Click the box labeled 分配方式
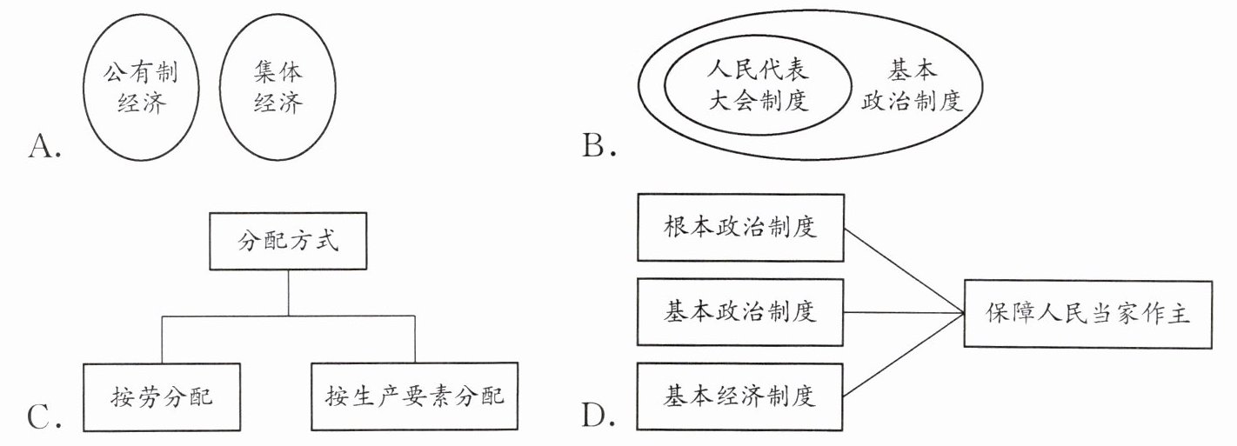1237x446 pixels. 289,241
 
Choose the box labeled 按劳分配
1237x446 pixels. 163,397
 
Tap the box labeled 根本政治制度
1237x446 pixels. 740,228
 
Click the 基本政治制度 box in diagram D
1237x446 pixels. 740,311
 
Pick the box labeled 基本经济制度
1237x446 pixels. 740,397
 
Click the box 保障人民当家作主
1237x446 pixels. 1087,314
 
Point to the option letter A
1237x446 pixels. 43,150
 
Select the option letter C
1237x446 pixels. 43,419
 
